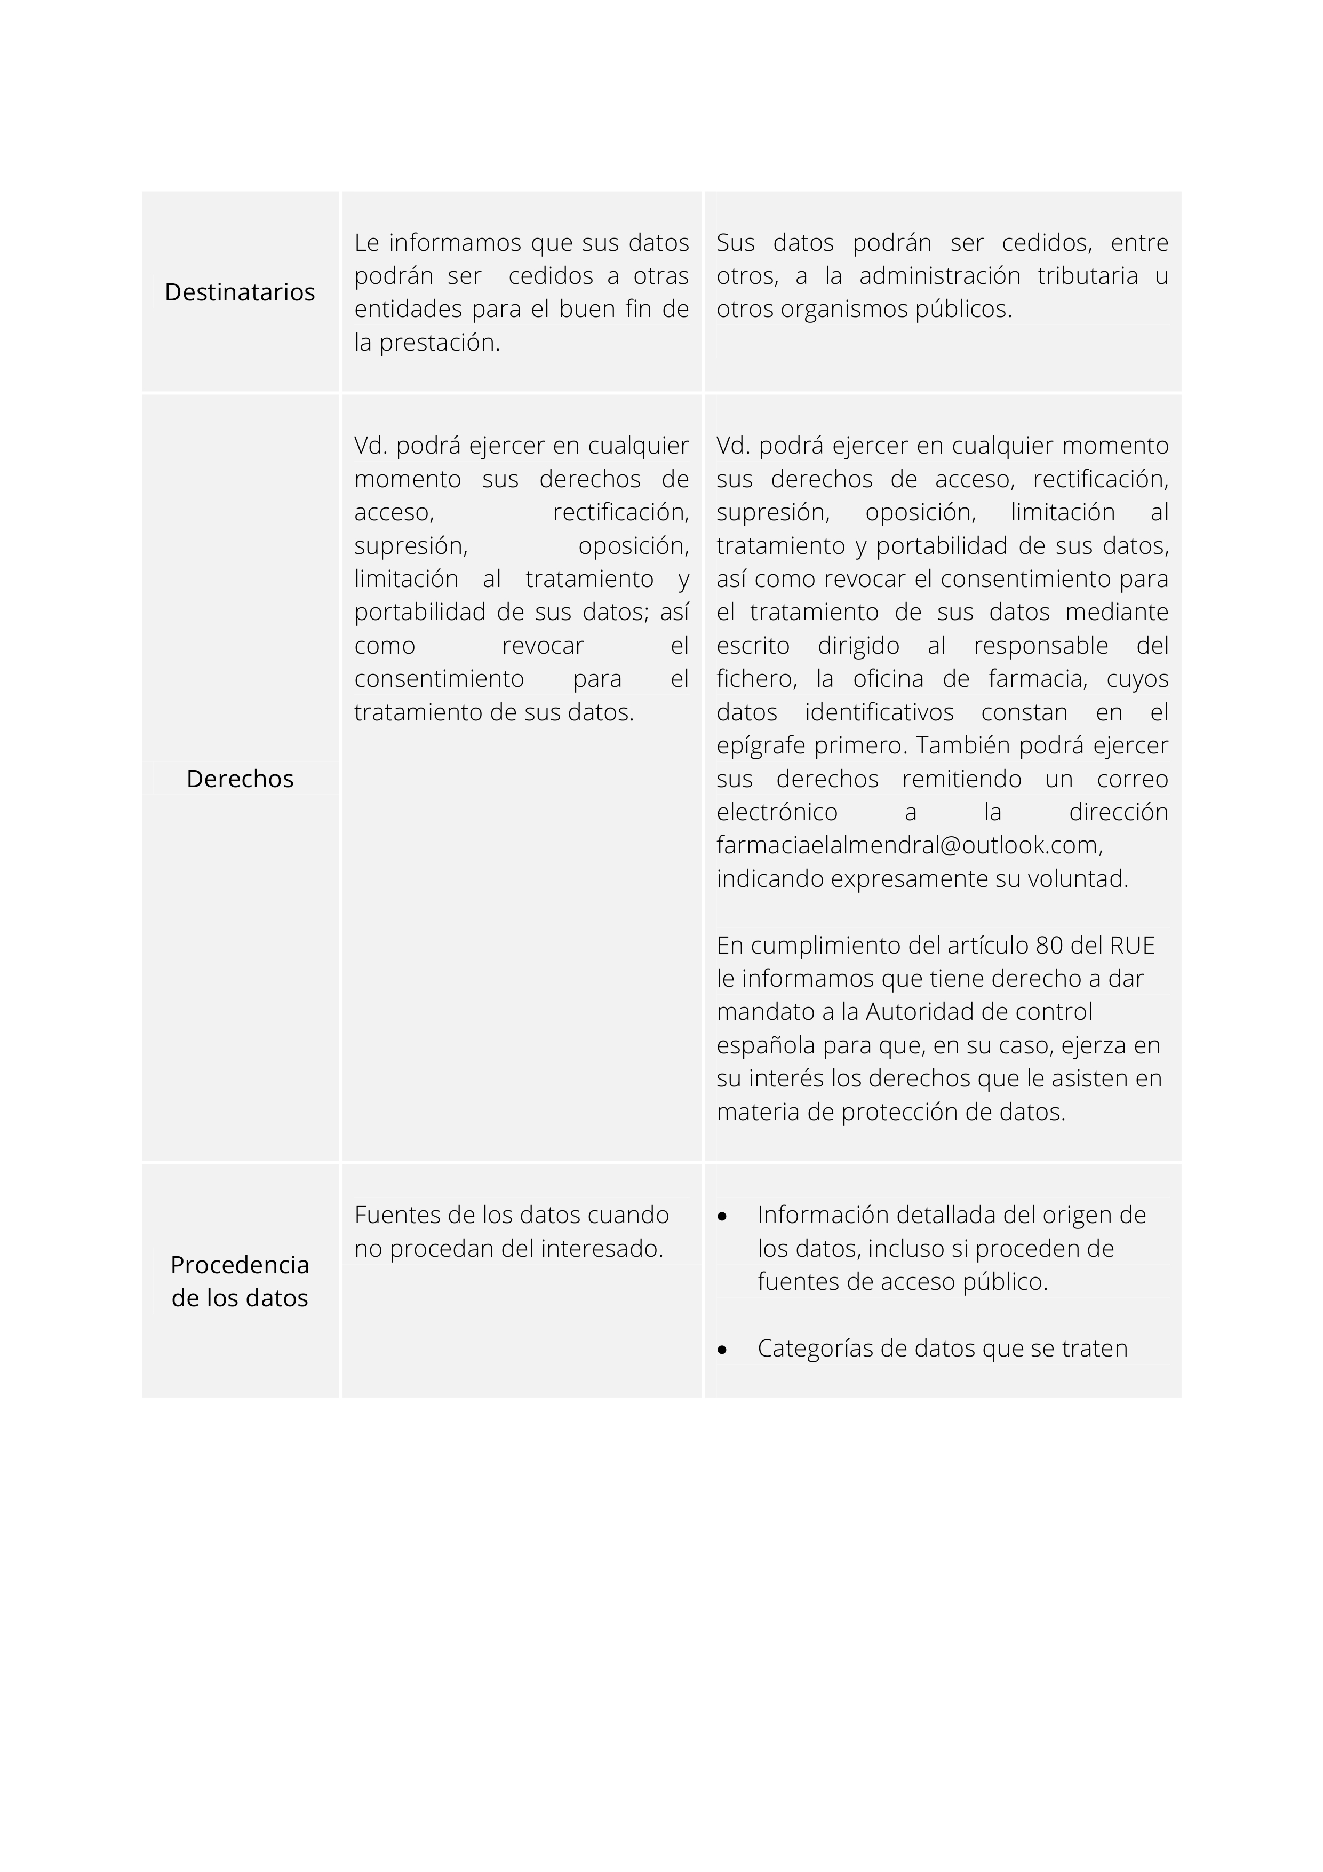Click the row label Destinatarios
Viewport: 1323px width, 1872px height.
click(240, 292)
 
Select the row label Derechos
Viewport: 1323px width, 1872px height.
click(240, 779)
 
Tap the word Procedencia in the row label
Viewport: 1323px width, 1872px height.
click(240, 1265)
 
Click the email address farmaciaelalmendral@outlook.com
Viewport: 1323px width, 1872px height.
click(909, 845)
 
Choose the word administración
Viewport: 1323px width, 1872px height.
click(940, 275)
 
